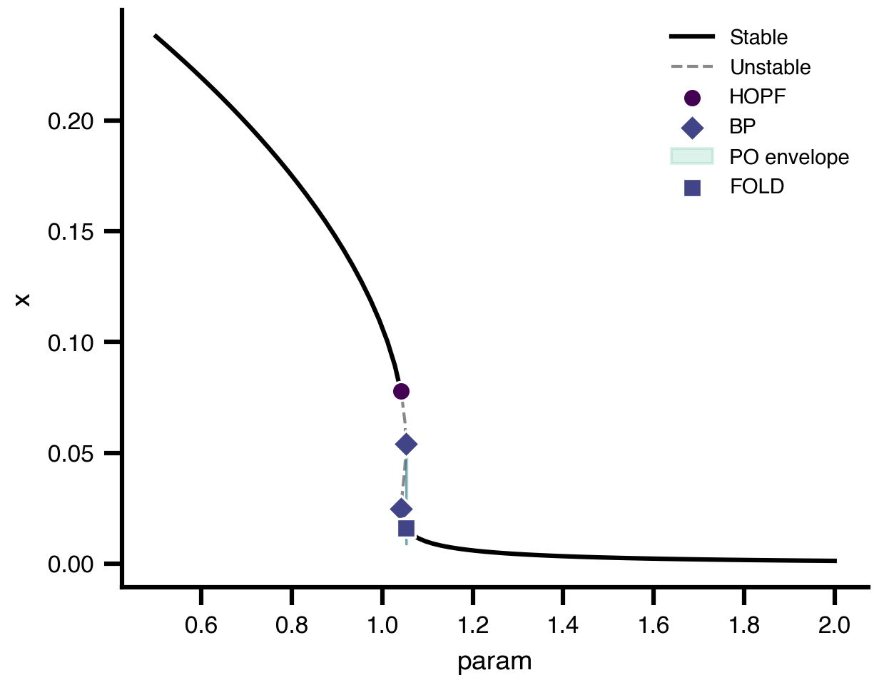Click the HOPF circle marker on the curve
point(401,391)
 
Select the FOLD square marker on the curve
point(406,528)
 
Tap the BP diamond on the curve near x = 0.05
point(406,445)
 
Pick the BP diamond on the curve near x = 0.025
point(401,509)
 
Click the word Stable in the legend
point(759,36)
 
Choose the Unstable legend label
point(771,68)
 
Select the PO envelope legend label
point(790,157)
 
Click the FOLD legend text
point(757,187)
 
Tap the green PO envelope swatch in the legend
point(692,156)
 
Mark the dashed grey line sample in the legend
point(692,68)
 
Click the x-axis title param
point(494,661)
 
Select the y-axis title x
point(24,298)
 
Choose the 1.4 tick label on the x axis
point(563,626)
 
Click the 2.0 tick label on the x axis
point(834,626)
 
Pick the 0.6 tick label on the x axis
point(201,626)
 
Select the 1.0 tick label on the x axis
point(382,626)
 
